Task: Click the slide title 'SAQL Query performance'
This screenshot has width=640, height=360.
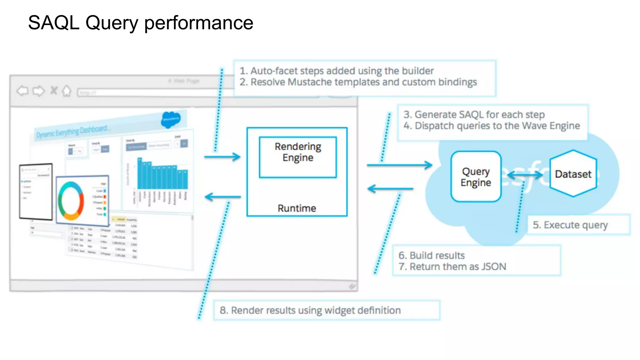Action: tap(141, 23)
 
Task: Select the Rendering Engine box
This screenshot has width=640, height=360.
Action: tap(297, 157)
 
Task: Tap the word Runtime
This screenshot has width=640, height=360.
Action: tap(297, 208)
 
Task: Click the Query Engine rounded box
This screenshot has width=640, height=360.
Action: tap(476, 177)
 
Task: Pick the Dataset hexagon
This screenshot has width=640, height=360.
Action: tap(573, 174)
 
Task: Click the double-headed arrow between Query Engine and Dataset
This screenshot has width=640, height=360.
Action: tap(525, 175)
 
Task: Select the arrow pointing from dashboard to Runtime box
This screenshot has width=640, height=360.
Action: tap(222, 157)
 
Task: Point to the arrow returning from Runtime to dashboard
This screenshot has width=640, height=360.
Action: tap(222, 197)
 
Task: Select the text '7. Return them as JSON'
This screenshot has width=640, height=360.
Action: tap(452, 267)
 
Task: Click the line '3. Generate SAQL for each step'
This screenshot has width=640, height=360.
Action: tap(474, 115)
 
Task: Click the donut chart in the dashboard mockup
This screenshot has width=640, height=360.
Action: tap(71, 200)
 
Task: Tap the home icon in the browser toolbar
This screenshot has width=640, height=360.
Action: tap(66, 91)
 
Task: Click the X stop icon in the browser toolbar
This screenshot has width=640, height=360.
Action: tap(54, 91)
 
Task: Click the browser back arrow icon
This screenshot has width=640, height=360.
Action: tap(22, 91)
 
